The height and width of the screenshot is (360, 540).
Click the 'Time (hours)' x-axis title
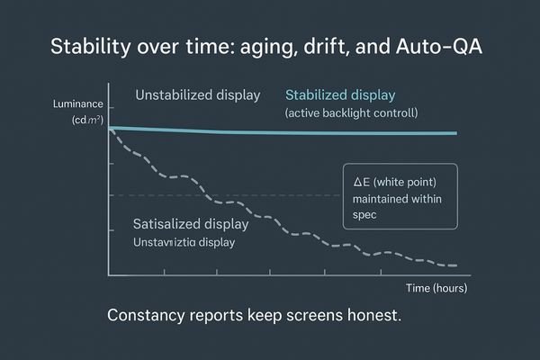(x=436, y=288)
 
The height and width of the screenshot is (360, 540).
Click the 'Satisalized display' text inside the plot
(x=191, y=224)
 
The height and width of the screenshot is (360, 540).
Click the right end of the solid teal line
(x=455, y=133)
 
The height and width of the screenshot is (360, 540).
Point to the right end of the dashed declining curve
(x=455, y=266)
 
